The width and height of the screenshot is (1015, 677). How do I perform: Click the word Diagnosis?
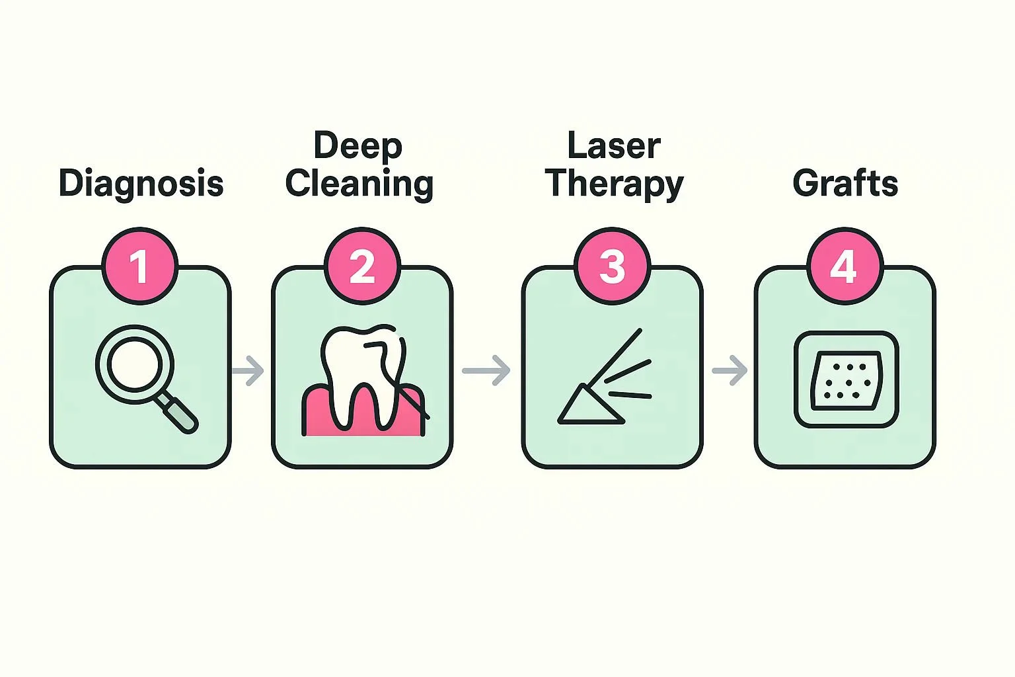point(141,183)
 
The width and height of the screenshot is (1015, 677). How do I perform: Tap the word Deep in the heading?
point(357,145)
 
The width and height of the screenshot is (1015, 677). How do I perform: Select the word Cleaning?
point(359,184)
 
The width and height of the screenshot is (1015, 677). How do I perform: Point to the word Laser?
point(614,145)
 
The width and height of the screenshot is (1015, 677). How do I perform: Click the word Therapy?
point(615,184)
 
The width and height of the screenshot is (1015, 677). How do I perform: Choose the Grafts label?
point(845,183)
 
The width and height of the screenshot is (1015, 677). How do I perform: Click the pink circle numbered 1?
point(139,266)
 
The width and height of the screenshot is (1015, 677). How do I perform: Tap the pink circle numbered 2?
point(362,266)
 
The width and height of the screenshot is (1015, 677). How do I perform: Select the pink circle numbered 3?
point(612,266)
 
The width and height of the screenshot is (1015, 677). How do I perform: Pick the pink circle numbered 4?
point(845,266)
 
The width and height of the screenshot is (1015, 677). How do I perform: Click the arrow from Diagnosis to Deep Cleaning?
point(248,370)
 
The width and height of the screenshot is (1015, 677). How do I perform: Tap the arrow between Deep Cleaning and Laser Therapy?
point(486,370)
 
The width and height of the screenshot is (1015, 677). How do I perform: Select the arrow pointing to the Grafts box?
point(730,370)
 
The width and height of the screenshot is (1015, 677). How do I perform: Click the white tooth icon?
point(360,370)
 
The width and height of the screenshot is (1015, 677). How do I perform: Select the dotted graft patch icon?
point(846,381)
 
